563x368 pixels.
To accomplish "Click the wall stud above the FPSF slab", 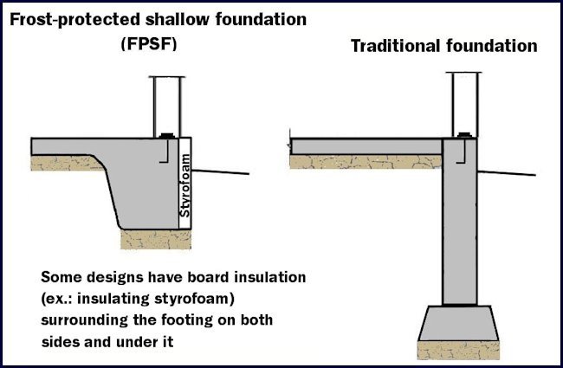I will click(167, 103).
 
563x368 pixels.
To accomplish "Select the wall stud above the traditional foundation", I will click(463, 103).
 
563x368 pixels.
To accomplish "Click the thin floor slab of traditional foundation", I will click(364, 145).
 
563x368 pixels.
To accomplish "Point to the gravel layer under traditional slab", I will click(364, 161).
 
